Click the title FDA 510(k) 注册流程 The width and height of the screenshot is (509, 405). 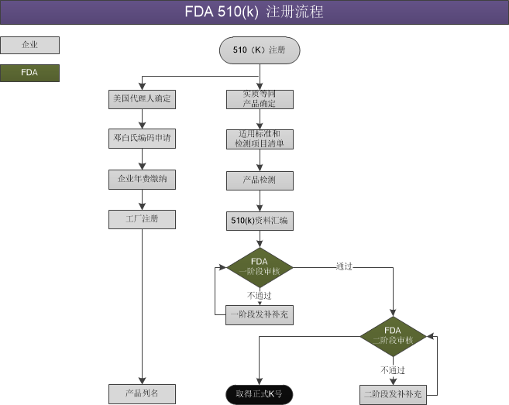pyautogui.click(x=254, y=12)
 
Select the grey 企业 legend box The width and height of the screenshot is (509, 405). pyautogui.click(x=29, y=45)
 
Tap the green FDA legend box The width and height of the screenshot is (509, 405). pyautogui.click(x=29, y=74)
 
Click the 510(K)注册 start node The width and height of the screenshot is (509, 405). pyautogui.click(x=260, y=50)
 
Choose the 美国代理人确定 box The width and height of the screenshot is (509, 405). pyautogui.click(x=142, y=99)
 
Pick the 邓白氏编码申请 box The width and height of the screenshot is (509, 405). pyautogui.click(x=142, y=139)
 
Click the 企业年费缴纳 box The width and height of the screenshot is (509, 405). pyautogui.click(x=142, y=180)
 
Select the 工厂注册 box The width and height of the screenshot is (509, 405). pyautogui.click(x=142, y=220)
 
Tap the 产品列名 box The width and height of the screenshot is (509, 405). pyautogui.click(x=142, y=393)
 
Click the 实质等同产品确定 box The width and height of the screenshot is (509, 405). pyautogui.click(x=260, y=99)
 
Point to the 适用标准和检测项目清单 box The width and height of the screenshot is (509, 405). pyautogui.click(x=260, y=139)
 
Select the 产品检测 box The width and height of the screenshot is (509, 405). pyautogui.click(x=260, y=180)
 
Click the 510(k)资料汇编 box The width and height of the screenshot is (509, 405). pyautogui.click(x=260, y=220)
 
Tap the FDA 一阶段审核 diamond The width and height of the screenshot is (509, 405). pyautogui.click(x=260, y=267)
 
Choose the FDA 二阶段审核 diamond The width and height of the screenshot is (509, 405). pyautogui.click(x=393, y=335)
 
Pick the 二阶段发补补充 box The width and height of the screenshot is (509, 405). pyautogui.click(x=393, y=393)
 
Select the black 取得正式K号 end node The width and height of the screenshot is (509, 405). pyautogui.click(x=260, y=393)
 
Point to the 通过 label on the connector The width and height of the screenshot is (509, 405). pyautogui.click(x=344, y=266)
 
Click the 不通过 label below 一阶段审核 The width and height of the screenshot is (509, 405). pyautogui.click(x=260, y=295)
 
